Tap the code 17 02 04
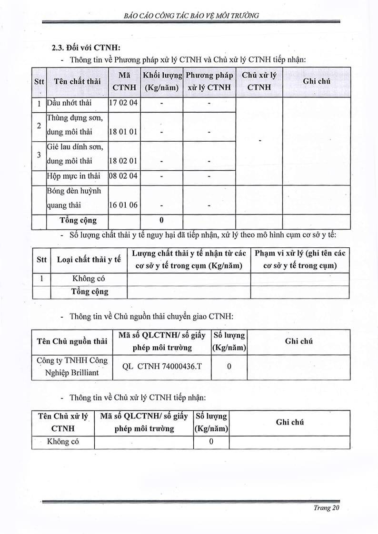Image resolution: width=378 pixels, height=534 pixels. pos(124,103)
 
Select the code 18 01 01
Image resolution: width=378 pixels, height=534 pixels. pos(124,132)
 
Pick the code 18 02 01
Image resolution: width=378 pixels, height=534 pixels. pos(124,161)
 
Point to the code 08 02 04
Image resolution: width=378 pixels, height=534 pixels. pos(124,176)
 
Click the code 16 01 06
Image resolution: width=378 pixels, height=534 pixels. pos(124,205)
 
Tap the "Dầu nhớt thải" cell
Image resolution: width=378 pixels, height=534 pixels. pos(70,103)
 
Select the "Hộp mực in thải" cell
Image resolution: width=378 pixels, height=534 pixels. pos(74,176)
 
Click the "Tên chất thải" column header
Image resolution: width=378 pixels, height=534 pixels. pos(77,81)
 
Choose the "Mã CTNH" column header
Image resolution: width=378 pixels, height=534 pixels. pos(124,81)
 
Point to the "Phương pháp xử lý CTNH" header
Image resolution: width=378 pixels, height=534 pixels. pos(209,81)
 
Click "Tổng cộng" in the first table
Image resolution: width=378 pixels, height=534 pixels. pos(78,220)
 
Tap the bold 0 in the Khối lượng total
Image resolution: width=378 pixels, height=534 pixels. pos(161,220)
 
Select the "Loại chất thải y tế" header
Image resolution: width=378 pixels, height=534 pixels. pos(89,259)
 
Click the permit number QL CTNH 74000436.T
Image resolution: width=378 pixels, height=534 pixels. pos(162,366)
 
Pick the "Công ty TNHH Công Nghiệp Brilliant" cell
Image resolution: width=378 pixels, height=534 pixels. pos(72,366)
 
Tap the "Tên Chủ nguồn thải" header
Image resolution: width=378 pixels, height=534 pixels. pos(72,341)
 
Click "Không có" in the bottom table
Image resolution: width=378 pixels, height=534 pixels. pos(63,442)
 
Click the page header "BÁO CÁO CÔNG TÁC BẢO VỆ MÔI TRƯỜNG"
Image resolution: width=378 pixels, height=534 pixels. pos(190,15)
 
